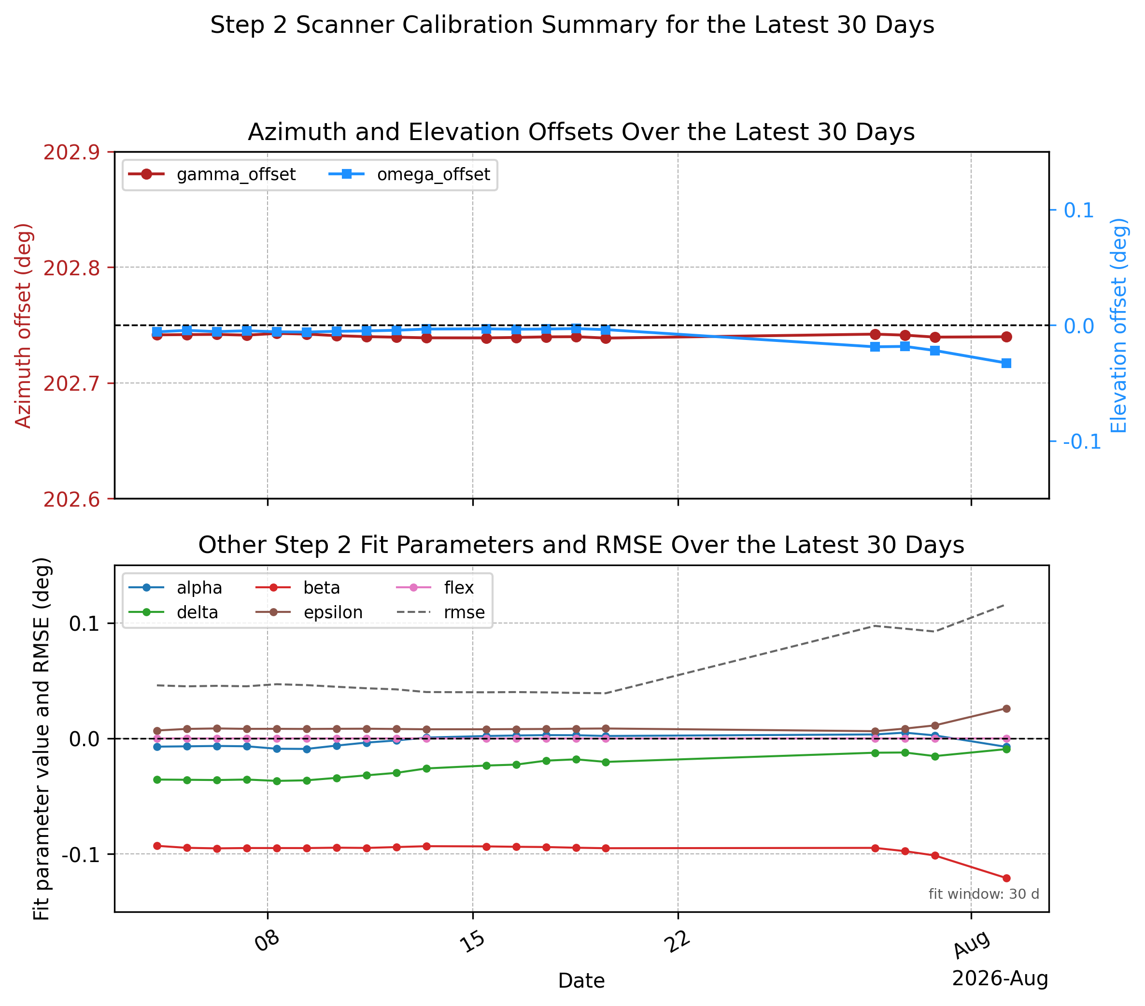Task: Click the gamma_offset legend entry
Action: coord(212,174)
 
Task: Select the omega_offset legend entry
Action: coord(410,174)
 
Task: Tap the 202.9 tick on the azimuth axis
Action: coord(71,152)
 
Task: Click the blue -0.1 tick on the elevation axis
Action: coord(1082,441)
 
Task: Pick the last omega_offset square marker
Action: coord(1006,364)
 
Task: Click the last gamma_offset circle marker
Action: coord(1006,337)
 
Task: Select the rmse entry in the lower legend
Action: coord(441,612)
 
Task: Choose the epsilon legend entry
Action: coord(309,612)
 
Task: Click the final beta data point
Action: coord(1006,878)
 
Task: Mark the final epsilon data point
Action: coord(1006,708)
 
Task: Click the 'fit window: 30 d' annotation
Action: coord(984,894)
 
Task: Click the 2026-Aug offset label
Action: coord(1000,978)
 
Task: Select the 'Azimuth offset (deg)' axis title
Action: coord(24,326)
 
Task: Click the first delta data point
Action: coord(157,779)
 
